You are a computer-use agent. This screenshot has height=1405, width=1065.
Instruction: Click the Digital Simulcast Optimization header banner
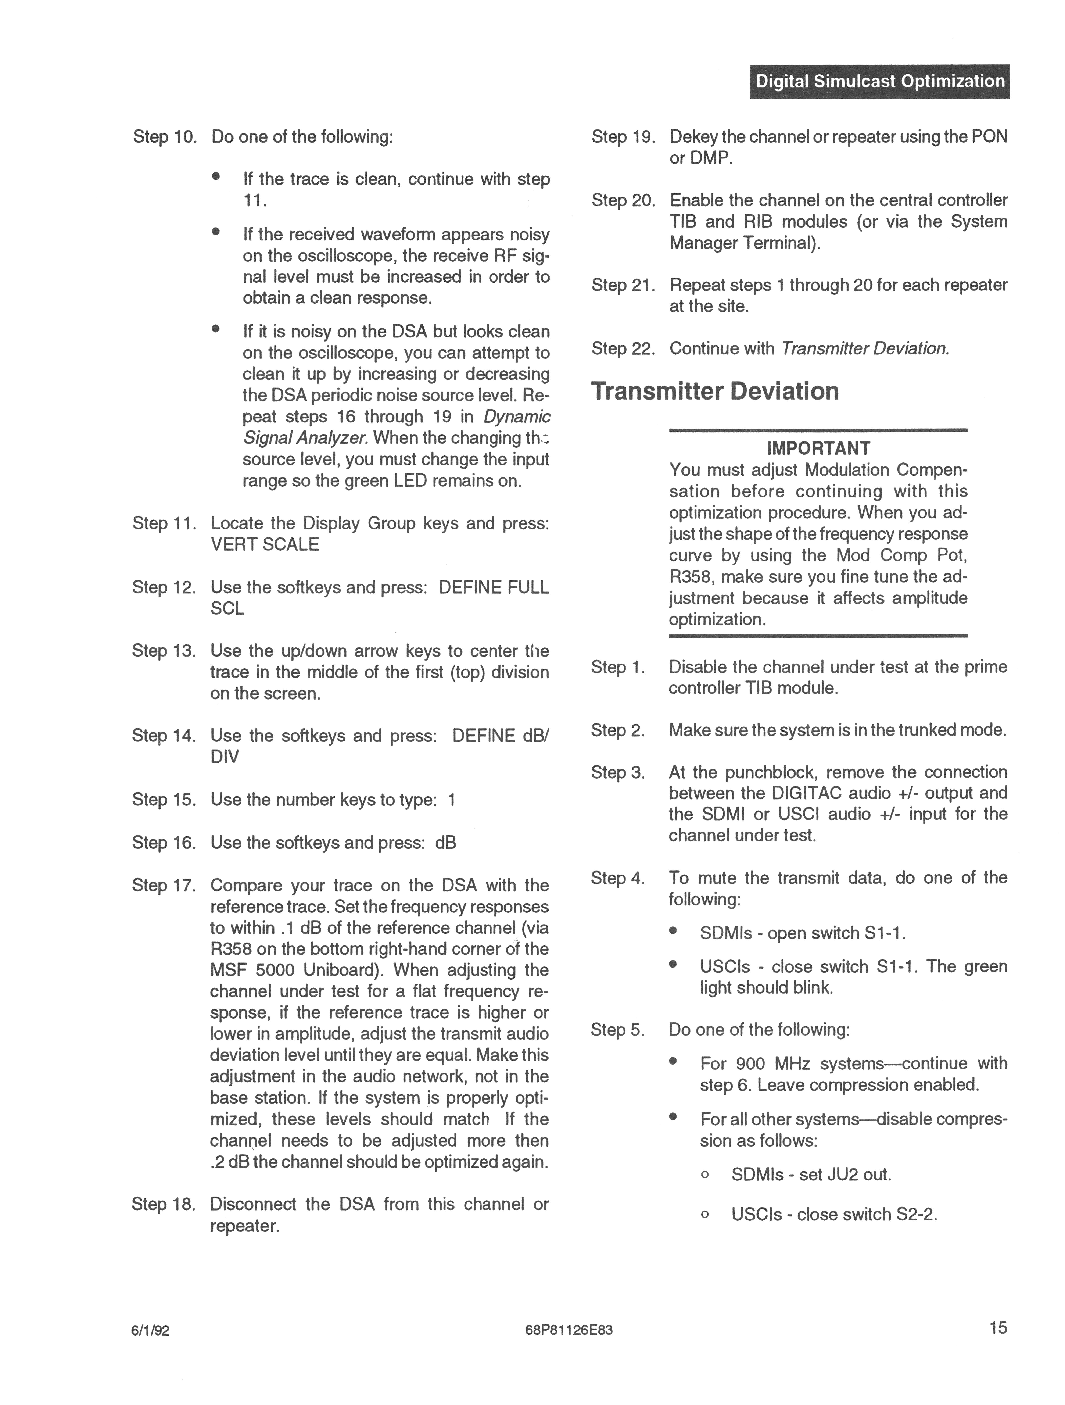(880, 81)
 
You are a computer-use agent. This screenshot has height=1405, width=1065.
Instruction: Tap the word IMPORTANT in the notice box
(818, 448)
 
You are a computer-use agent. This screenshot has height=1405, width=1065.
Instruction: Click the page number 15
(998, 1327)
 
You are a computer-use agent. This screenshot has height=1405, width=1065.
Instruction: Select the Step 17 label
(163, 885)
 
